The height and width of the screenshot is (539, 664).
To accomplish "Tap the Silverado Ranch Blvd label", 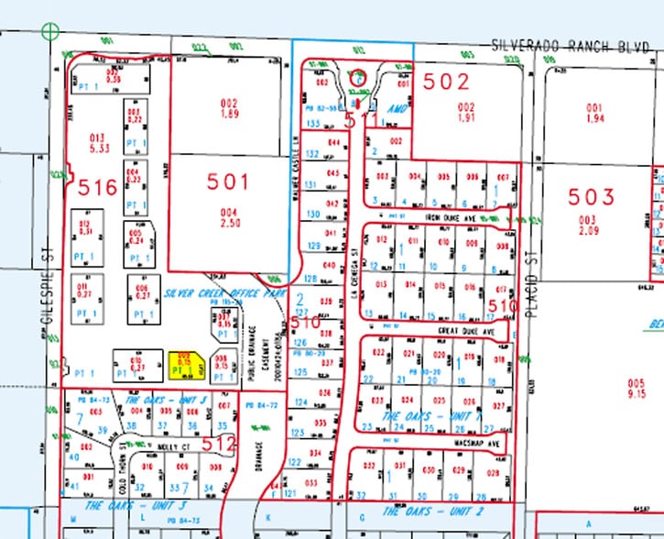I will click(x=569, y=43).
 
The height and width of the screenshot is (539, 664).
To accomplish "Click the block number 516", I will click(x=98, y=189).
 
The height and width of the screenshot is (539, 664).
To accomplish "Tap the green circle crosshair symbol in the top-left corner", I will click(x=50, y=31).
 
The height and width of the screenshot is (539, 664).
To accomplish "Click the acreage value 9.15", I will click(x=636, y=393).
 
